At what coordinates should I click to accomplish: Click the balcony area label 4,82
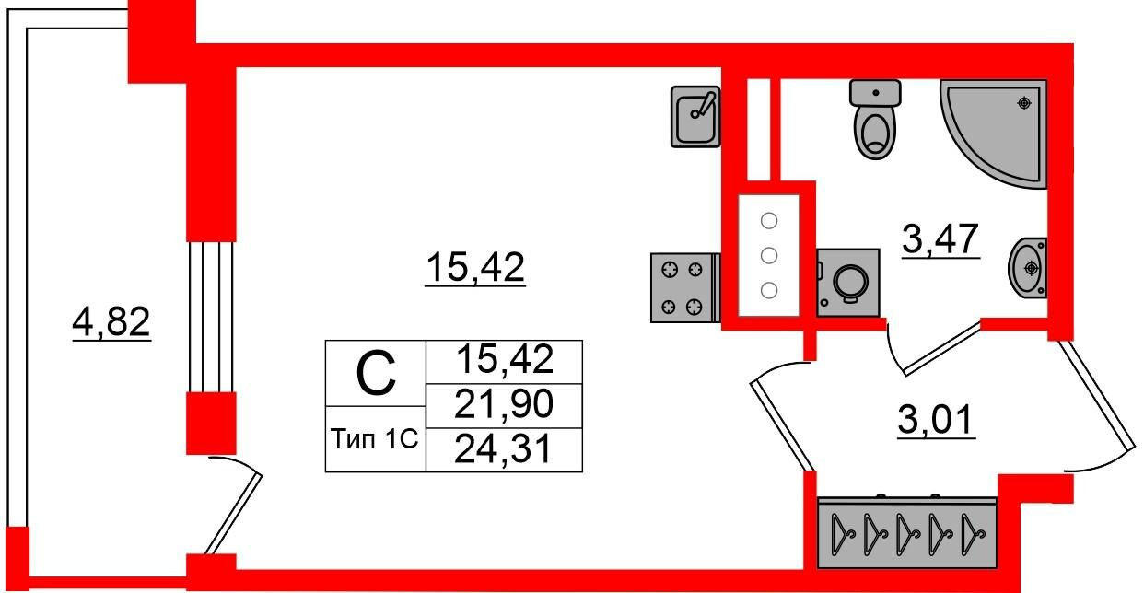coord(111,321)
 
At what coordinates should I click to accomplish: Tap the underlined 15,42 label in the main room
coord(475,267)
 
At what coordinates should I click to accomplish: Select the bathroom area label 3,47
coord(940,239)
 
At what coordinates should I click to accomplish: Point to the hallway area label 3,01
coord(937,420)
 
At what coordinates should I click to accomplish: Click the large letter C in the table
coord(376,373)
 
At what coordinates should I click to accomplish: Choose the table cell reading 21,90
coord(504,404)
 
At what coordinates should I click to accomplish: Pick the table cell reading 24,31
coord(504,449)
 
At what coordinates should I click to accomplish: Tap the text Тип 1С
coord(374,438)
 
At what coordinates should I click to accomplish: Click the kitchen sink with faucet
coord(695,117)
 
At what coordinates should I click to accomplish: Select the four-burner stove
coord(685,288)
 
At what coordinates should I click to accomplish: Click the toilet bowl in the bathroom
coord(875,119)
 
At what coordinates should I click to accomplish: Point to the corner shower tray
coord(993,134)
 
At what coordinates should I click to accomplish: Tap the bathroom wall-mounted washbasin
coord(1027,268)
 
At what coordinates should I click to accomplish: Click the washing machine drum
coord(850,282)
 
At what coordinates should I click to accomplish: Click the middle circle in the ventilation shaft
coord(769,255)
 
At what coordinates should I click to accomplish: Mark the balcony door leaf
coord(233,514)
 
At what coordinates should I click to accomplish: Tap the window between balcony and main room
coord(211,317)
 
